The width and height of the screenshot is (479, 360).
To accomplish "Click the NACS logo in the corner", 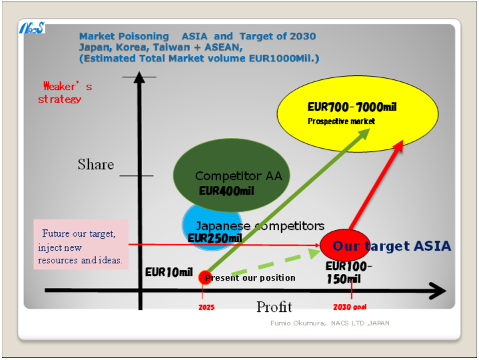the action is tap(32, 27).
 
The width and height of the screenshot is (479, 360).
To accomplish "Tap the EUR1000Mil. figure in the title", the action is tap(284, 58).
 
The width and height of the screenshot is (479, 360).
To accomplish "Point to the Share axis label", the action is tap(96, 164).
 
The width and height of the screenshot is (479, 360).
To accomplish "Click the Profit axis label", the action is tap(274, 307).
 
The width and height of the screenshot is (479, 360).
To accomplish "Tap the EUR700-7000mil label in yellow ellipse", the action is tap(352, 107).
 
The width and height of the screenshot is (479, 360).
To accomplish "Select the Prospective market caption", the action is tap(341, 121).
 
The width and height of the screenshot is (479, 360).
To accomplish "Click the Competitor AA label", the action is tap(239, 176).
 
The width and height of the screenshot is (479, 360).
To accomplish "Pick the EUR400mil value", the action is tap(227, 191).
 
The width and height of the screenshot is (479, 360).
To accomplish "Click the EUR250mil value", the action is tap(215, 238).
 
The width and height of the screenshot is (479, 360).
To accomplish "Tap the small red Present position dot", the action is tap(205, 277).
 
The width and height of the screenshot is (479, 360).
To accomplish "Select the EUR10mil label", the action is tap(169, 272).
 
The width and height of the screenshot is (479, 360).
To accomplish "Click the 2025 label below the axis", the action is tap(207, 307).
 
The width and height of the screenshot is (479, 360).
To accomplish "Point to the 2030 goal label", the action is tap(350, 307).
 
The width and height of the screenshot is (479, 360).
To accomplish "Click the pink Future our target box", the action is tap(81, 245).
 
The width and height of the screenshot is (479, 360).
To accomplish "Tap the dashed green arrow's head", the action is tap(313, 253).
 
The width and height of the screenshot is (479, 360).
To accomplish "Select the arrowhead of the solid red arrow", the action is tap(398, 146).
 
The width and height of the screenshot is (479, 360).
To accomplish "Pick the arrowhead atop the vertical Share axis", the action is tap(139, 77).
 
